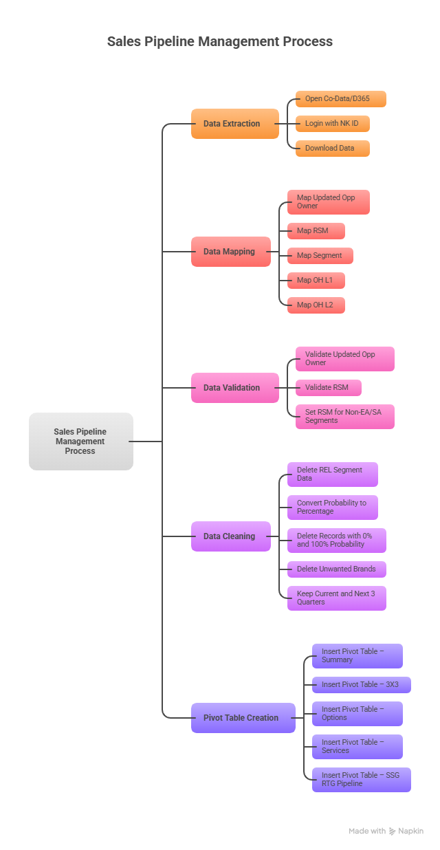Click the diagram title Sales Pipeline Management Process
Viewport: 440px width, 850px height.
coord(219,41)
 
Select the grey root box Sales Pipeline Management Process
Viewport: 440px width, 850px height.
coord(80,442)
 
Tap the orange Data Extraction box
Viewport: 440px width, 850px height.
coord(234,124)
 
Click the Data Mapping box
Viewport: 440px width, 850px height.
coord(230,252)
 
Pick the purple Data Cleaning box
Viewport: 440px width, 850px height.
coord(230,536)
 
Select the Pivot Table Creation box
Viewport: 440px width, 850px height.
coord(243,718)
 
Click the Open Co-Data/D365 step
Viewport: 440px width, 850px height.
coord(340,99)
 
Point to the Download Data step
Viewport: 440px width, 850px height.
coord(332,149)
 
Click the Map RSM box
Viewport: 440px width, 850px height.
coord(316,231)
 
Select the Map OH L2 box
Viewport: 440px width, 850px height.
coord(316,305)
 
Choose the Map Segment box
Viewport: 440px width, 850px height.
coord(320,256)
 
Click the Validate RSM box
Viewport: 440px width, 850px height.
coord(328,388)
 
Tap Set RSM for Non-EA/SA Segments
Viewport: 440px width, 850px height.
coord(344,417)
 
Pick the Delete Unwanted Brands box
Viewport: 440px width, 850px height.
coord(336,569)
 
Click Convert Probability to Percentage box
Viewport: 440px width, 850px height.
coord(332,508)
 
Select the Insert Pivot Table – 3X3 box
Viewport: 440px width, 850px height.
coord(361,685)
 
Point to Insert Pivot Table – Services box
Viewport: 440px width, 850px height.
coord(357,747)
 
